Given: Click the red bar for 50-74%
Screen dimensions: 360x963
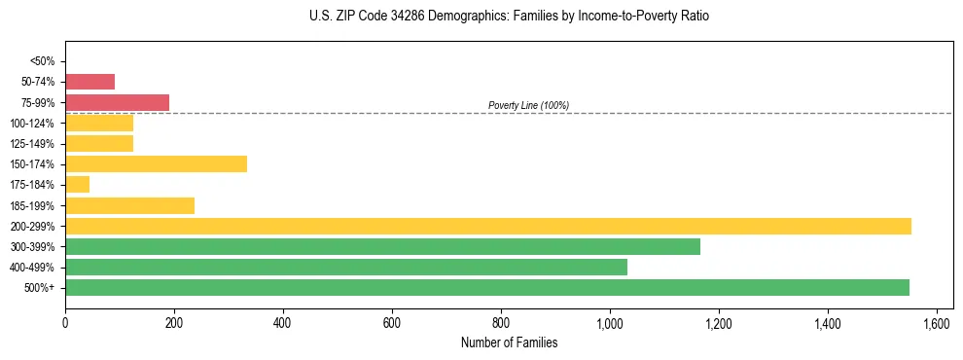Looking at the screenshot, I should click(89, 82).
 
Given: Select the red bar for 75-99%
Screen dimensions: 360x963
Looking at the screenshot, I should click(117, 102).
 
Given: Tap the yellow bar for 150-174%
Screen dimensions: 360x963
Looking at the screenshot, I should click(156, 163).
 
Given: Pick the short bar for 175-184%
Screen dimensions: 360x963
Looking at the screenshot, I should click(77, 184).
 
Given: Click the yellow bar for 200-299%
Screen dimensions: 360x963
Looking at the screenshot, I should click(487, 226).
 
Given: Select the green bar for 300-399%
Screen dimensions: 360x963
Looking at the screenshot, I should click(382, 246).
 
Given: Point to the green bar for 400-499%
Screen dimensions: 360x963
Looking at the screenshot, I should click(345, 267).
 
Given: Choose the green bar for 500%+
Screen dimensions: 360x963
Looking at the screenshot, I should click(486, 287).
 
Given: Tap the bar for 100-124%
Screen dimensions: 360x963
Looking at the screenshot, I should click(99, 123).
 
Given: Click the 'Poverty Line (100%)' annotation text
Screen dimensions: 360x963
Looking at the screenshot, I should click(528, 105).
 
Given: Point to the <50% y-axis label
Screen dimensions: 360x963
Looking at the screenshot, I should click(42, 61).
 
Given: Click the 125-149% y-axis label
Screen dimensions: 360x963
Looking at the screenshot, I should click(33, 144).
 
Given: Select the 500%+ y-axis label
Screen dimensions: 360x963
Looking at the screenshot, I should click(40, 288).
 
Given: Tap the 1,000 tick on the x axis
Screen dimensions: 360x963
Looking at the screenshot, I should click(610, 322).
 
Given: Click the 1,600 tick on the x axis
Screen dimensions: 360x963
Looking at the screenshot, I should click(937, 322).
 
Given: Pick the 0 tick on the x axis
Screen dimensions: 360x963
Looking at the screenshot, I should click(65, 322).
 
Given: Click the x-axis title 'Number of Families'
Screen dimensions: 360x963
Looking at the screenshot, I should click(509, 342).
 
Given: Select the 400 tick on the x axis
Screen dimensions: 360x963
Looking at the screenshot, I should click(283, 322).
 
